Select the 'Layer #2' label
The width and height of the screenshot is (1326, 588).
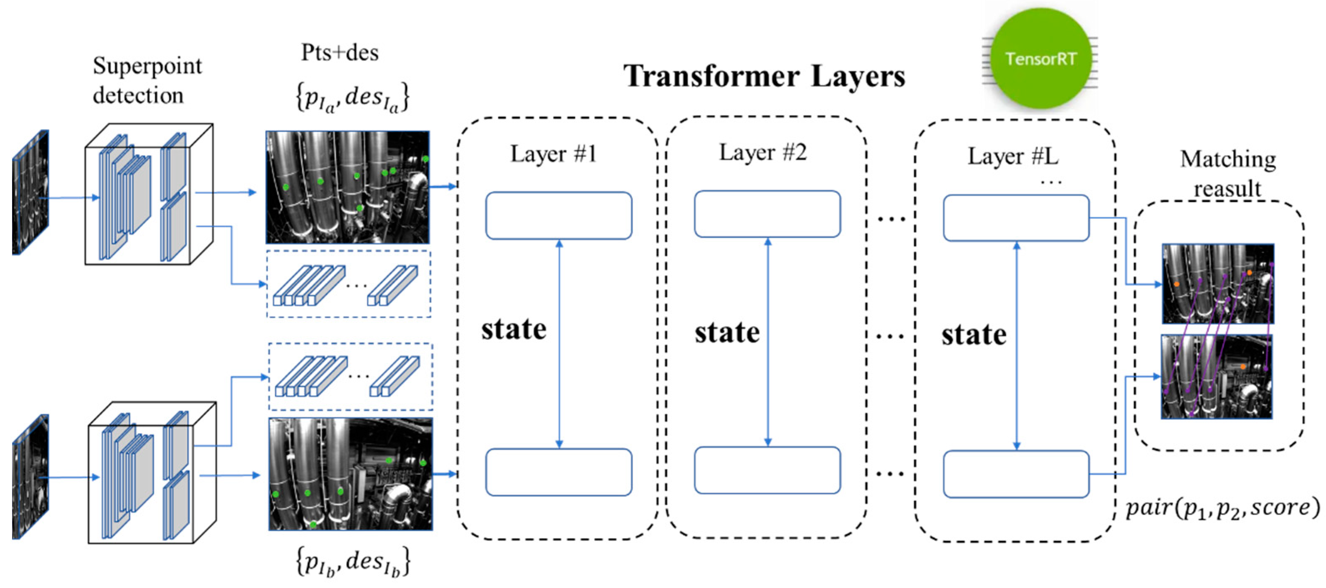point(762,153)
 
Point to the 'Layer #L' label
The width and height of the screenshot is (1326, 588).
point(1012,156)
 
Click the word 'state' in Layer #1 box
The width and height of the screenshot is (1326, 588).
point(514,329)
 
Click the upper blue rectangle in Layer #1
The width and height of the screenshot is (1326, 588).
point(559,216)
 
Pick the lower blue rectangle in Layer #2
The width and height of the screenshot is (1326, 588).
point(767,470)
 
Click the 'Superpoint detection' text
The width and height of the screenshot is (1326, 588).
point(147,80)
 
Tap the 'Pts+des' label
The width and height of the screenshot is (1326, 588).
point(340,53)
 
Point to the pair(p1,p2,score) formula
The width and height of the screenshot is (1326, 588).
point(1222,508)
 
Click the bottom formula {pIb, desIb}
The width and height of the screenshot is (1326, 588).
point(353,562)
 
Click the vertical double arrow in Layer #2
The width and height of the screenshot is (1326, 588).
point(767,342)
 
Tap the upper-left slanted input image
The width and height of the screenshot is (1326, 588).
point(30,192)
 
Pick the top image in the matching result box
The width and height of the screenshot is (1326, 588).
point(1217,283)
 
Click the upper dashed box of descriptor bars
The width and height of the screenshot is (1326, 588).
point(349,284)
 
